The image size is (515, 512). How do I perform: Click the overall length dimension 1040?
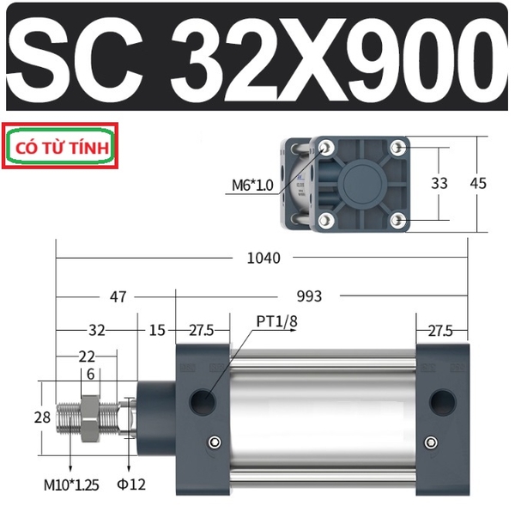tap(264, 258)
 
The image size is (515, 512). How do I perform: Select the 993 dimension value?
tap(309, 296)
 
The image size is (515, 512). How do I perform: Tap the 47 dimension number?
tap(118, 296)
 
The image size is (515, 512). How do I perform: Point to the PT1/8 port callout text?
tap(276, 321)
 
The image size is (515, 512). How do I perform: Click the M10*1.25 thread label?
tap(71, 485)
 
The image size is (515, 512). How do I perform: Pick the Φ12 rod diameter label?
tap(131, 485)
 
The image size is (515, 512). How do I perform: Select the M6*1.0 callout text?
tap(252, 186)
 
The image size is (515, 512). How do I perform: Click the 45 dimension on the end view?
tap(478, 183)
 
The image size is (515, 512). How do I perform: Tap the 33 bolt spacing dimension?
tap(439, 183)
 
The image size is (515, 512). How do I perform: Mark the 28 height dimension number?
tap(42, 418)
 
